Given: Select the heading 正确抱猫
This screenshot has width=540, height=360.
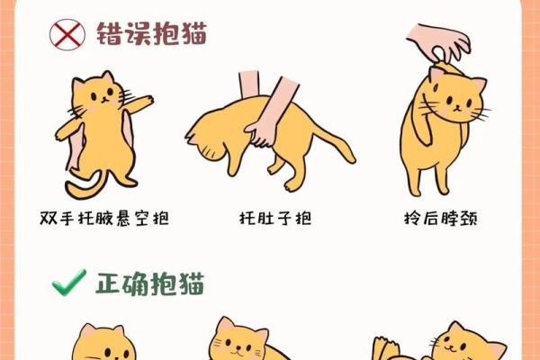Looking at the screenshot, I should click(x=150, y=284).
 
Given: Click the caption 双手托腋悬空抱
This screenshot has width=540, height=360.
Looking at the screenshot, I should click(x=105, y=218).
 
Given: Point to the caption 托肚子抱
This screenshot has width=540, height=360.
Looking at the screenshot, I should click(x=274, y=218).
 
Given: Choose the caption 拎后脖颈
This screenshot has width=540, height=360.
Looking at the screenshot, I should click(x=441, y=218).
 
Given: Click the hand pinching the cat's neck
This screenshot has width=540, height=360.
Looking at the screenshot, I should click(x=438, y=43).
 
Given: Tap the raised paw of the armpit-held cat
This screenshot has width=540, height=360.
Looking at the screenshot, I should click(x=139, y=101).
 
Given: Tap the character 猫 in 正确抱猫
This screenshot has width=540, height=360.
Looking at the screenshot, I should click(x=191, y=284).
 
